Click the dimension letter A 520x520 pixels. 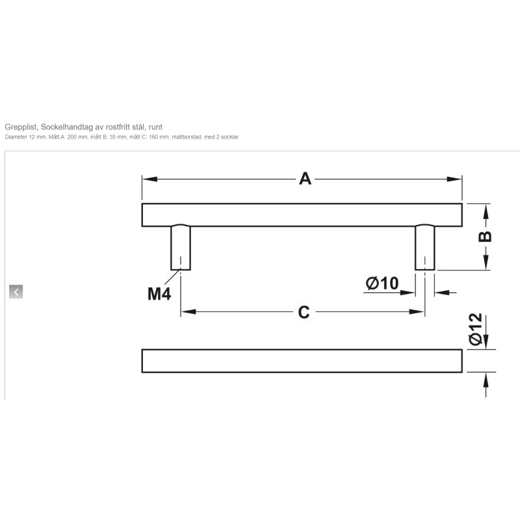[305, 179]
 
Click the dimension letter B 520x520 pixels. [485, 237]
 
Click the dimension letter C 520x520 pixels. [304, 313]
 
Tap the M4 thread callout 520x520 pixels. [159, 294]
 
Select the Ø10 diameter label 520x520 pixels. [382, 283]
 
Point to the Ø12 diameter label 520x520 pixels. [475, 329]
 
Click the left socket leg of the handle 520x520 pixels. [181, 248]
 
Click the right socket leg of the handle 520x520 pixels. [425, 248]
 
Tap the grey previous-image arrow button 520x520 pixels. [16, 292]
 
